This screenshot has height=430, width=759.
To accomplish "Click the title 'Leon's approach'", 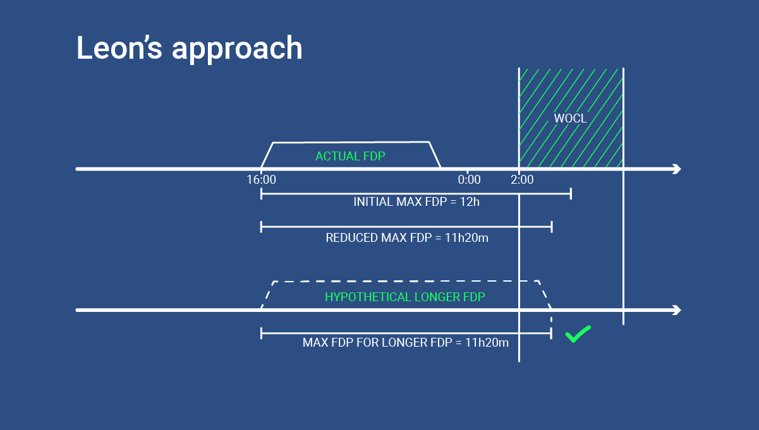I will (189, 48).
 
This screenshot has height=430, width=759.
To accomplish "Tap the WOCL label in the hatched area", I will (570, 118).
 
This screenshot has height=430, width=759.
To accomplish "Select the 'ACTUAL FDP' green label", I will (349, 156).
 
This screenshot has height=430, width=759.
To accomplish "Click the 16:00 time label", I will (261, 180).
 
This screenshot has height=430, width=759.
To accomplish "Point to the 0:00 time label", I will (469, 180).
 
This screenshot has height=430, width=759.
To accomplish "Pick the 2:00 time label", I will (522, 180).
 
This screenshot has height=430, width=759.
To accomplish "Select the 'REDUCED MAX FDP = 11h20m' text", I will (407, 238).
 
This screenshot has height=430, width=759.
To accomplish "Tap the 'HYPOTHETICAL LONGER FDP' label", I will (404, 297).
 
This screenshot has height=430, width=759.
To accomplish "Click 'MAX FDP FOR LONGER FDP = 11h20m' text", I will (406, 343).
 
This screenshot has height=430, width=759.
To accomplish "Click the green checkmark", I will (578, 334).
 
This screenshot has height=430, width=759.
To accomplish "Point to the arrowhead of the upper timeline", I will (677, 169).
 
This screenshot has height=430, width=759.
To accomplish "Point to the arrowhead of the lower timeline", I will (677, 310).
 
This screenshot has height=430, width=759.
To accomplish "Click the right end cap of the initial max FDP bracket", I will (571, 193).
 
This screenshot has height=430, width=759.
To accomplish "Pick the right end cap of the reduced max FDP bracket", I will (552, 226).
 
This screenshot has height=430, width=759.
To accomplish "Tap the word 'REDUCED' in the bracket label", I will (352, 238).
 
